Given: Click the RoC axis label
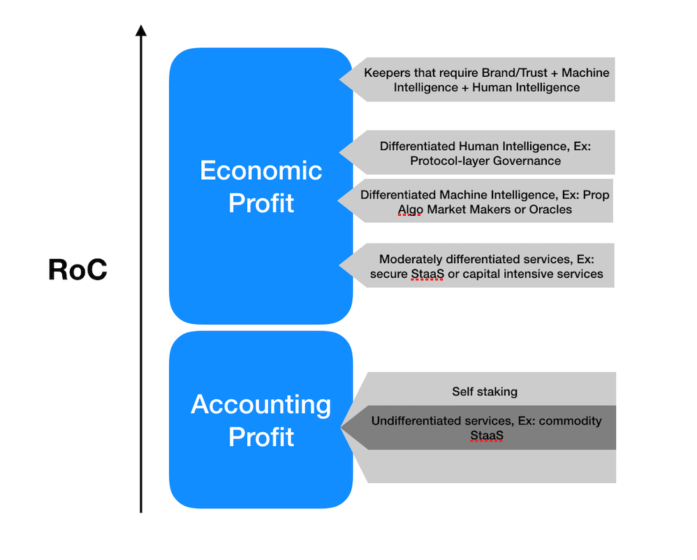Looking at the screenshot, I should [x=78, y=270].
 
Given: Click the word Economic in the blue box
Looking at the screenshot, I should [x=261, y=170].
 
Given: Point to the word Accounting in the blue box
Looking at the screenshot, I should [x=261, y=404].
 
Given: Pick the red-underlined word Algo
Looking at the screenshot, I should [x=409, y=209].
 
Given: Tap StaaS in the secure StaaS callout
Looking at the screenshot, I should [x=427, y=274].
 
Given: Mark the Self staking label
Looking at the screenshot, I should [x=485, y=392].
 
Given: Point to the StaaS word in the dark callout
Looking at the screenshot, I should [x=486, y=436].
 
